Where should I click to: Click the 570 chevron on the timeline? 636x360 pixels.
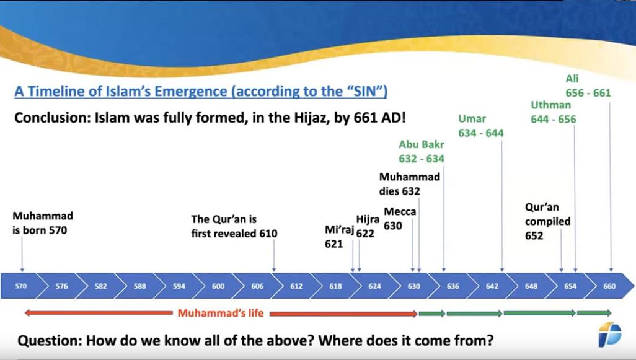[x=21, y=286]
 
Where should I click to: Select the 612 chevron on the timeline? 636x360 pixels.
[x=296, y=286]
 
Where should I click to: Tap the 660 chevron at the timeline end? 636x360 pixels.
[x=609, y=286]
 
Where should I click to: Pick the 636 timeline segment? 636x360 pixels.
[x=453, y=286]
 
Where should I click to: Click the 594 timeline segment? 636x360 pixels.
[x=179, y=286]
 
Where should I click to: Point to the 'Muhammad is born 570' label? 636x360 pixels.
[x=43, y=223]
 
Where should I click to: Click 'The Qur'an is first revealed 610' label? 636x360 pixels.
[x=234, y=227]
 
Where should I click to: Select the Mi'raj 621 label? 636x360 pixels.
[x=339, y=237]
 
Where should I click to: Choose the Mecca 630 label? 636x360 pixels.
[x=400, y=219]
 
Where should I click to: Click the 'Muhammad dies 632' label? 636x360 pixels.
[x=410, y=183]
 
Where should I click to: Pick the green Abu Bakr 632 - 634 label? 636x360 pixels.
[x=422, y=152]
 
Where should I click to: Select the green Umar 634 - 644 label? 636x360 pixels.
[x=481, y=126]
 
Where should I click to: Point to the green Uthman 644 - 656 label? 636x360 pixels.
[x=554, y=112]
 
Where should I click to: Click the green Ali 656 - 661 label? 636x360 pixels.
[x=588, y=86]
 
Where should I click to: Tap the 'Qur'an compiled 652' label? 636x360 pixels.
[x=547, y=221]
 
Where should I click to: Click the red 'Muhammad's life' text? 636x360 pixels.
[x=221, y=313]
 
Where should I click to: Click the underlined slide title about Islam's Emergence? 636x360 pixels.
[x=201, y=91]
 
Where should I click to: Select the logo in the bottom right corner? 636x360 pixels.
[x=609, y=335]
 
